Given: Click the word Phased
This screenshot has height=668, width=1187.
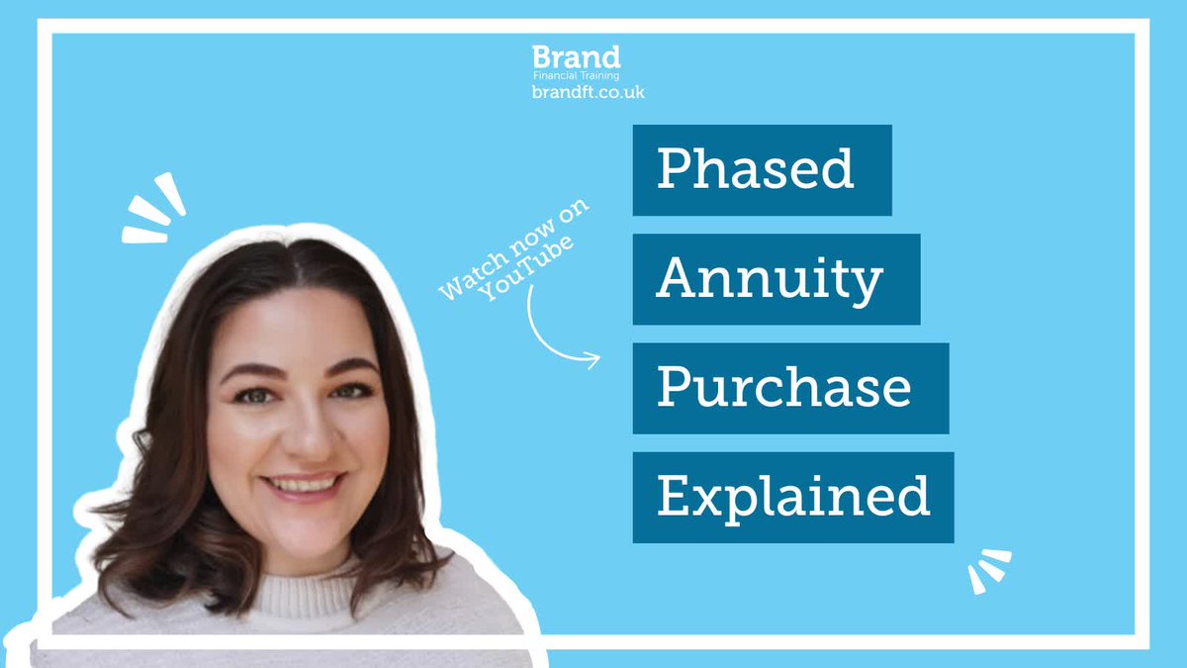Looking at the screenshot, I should tap(755, 169).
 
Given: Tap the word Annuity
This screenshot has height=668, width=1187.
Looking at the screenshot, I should tap(769, 280).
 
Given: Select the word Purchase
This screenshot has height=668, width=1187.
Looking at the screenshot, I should tap(783, 388).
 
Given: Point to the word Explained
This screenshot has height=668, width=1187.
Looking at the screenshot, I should tap(793, 497).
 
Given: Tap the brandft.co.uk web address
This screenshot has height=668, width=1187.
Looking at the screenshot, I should tap(588, 91).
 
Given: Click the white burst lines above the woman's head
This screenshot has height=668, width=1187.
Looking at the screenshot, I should tap(154, 209).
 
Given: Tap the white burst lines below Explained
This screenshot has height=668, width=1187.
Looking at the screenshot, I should tap(988, 571).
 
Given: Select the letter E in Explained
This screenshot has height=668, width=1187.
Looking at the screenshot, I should tap(674, 496).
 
